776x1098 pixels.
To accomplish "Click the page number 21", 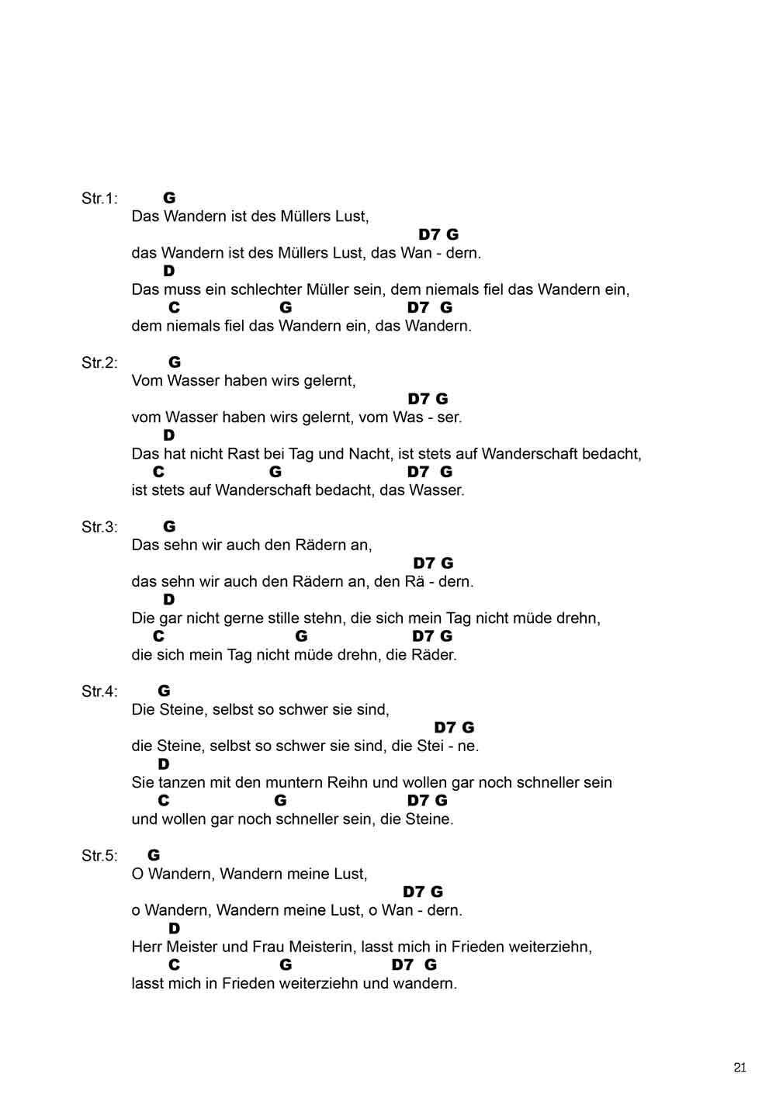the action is [740, 1067].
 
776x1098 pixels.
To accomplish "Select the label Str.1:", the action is [99, 199].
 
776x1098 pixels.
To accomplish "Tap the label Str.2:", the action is [99, 362].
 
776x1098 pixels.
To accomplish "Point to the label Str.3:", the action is [99, 527].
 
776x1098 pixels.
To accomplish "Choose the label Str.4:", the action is [99, 691].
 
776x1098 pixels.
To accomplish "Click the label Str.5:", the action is [99, 856].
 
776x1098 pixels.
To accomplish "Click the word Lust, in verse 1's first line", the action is [352, 216].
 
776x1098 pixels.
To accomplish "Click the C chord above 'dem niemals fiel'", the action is [174, 308].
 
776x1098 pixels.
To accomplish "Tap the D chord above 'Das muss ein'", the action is [168, 271].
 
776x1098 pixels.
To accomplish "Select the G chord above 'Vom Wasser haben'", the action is [175, 362].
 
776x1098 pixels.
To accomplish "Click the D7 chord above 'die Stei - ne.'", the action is [445, 727].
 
